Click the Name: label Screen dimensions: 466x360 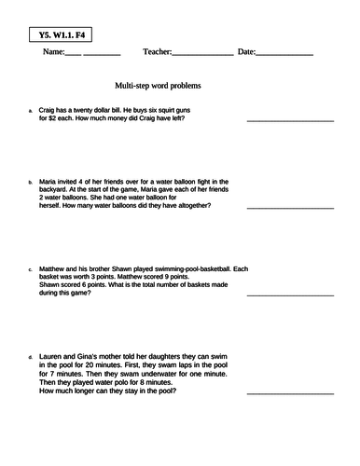pos(54,52)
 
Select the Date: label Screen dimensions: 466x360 pos(246,52)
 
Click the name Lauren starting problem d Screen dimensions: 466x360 pos(51,356)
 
